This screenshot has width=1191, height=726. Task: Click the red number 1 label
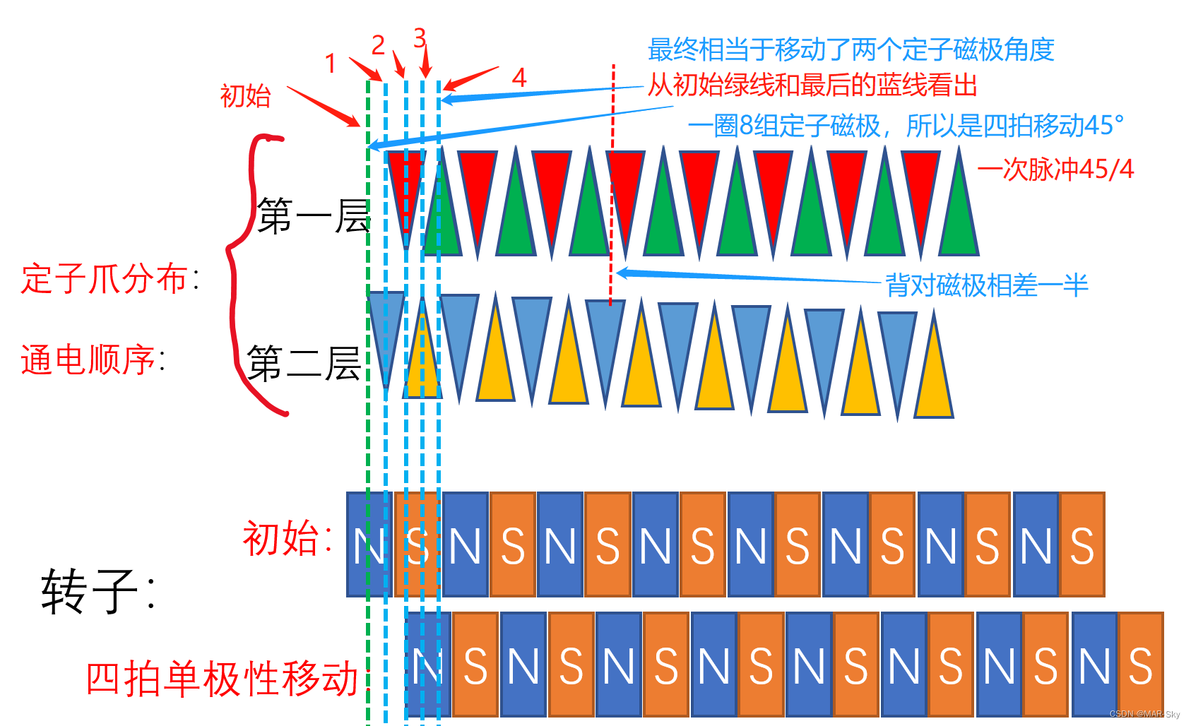(x=330, y=64)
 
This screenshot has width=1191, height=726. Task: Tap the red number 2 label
(x=378, y=46)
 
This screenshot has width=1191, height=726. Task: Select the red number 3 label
(x=420, y=37)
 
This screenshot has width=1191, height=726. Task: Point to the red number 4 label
(x=519, y=77)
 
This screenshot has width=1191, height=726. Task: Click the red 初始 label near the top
(x=245, y=96)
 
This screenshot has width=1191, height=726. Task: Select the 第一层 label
(x=313, y=216)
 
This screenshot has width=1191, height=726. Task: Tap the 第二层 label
(x=304, y=364)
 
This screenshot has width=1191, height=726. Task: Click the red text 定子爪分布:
(x=110, y=279)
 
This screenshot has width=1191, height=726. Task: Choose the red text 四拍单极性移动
(x=223, y=679)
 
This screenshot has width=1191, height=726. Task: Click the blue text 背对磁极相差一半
(x=986, y=285)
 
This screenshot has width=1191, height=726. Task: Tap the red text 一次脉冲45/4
(x=1055, y=169)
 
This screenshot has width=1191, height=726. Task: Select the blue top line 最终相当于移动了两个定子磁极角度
(x=851, y=50)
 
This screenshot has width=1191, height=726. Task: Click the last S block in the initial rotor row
(x=1082, y=545)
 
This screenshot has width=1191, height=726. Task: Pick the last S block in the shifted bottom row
(x=1140, y=665)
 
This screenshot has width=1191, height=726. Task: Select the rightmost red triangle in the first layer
(x=920, y=184)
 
